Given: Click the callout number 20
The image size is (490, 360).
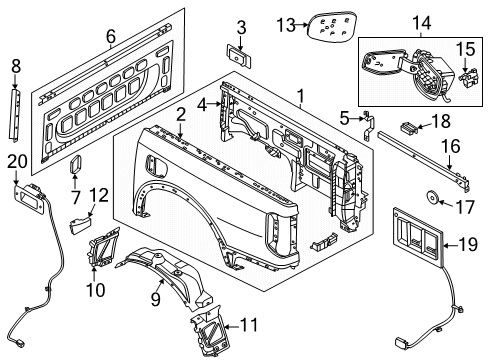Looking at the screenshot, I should pyautogui.click(x=18, y=163).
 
